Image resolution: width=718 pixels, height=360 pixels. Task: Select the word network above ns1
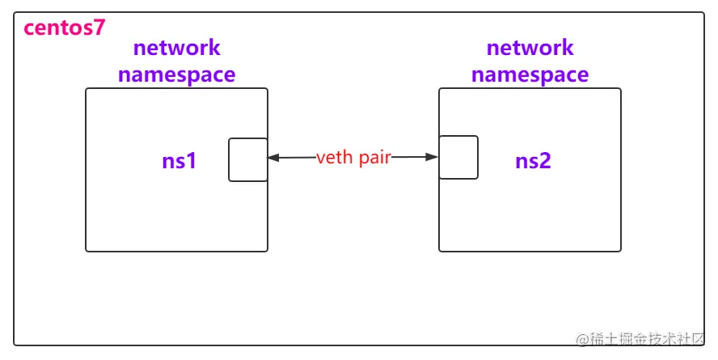tap(176, 48)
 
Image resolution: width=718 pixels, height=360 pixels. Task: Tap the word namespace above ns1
tap(176, 74)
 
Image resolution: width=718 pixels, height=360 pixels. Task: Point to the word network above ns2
tap(530, 48)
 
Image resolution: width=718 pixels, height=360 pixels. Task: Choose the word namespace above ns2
tap(530, 74)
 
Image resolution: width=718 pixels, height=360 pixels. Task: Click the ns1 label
tap(179, 161)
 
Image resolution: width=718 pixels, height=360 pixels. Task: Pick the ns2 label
tap(533, 161)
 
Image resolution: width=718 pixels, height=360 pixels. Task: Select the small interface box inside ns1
tap(247, 159)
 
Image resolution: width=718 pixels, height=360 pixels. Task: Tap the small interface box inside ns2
tap(458, 157)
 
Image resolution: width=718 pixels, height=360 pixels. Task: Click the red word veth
tap(334, 158)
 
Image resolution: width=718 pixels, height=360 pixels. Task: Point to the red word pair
tap(373, 158)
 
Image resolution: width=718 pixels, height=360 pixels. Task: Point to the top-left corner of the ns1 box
tap(87, 89)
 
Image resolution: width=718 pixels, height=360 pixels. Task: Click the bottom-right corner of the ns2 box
tap(620, 251)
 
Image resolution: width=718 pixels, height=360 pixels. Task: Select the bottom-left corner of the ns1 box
tap(87, 251)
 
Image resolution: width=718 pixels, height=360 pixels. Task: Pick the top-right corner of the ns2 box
tap(620, 89)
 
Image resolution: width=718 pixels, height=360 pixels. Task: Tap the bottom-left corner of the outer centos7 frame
tap(15, 345)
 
